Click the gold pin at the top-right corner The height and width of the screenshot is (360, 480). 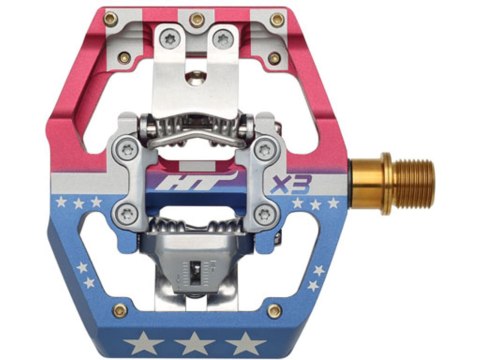point(277,19)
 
